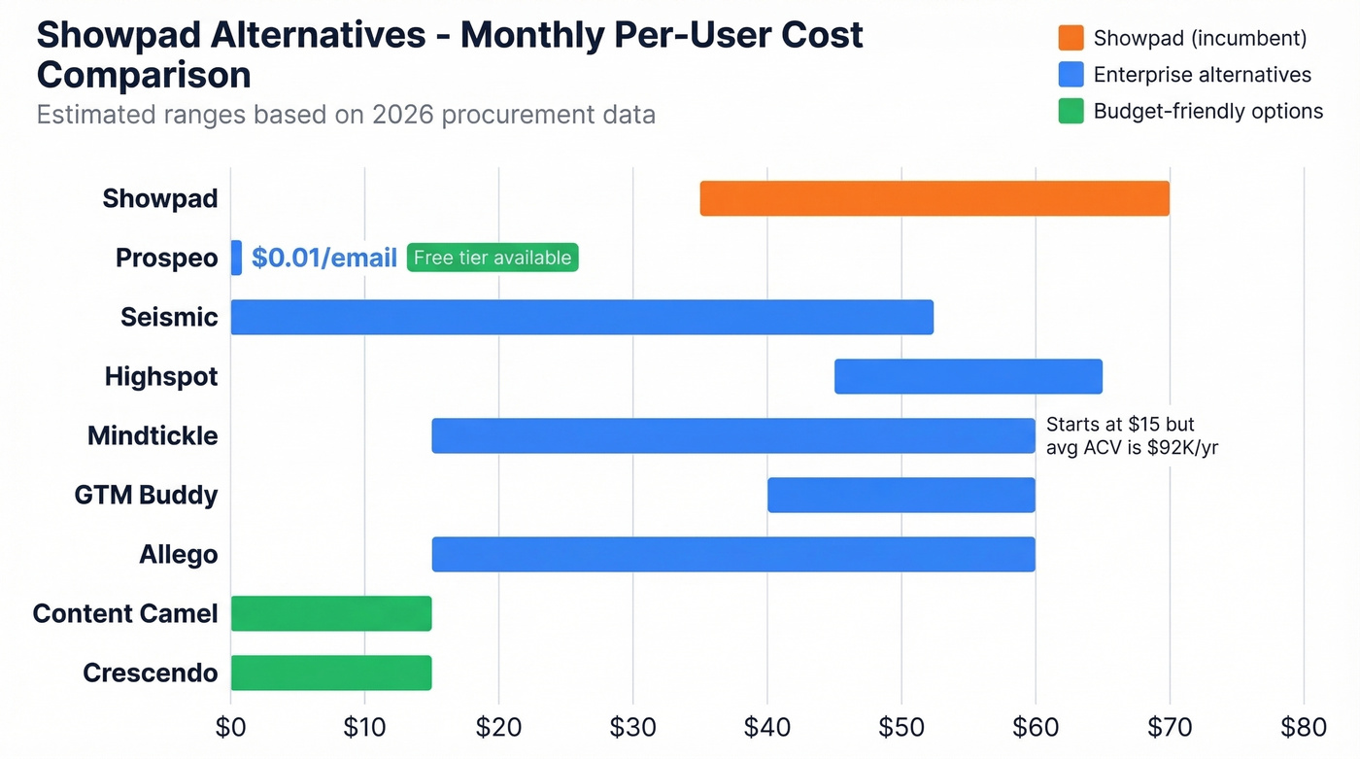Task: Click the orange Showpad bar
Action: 935,198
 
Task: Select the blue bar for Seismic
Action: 582,317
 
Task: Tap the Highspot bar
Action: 968,376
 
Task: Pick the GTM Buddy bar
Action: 901,495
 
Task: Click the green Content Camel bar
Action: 331,613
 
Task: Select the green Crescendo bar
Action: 331,673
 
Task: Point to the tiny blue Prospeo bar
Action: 236,258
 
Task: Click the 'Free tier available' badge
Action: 493,258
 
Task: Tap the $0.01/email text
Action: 323,258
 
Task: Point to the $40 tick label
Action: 767,728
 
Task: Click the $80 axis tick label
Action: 1303,728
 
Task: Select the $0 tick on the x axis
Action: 231,728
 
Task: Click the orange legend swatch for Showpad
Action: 1071,38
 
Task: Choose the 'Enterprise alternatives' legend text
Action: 1202,75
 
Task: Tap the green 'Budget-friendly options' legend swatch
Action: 1071,112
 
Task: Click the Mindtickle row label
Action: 153,435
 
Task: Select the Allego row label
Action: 178,554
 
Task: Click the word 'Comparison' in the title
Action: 144,75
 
